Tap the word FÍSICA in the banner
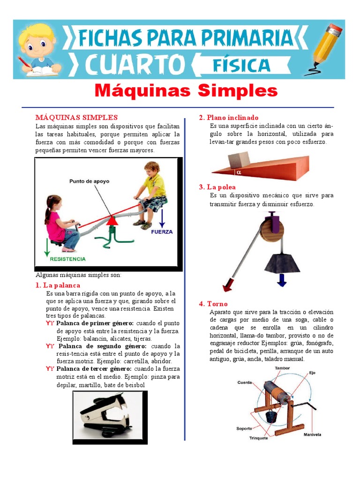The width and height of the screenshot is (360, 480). pos(241,65)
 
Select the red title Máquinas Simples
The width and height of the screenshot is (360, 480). pos(186,90)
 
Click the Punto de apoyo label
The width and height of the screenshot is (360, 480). pos(89,180)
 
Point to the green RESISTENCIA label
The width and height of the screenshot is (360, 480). pos(68,259)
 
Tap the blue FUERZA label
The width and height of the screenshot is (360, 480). pos(163,232)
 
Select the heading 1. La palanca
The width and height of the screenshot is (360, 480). pos(58,285)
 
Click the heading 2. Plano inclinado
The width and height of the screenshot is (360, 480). pos(229,117)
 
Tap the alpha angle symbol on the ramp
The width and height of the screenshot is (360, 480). pos(238,172)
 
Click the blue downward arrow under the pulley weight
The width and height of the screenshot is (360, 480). pos(282,280)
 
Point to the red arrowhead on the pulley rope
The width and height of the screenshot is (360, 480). pos(229,285)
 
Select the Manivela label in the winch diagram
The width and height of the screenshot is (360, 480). pos(312,435)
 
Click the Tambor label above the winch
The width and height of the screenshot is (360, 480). pos(282,368)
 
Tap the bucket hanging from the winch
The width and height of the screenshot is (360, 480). pos(270,415)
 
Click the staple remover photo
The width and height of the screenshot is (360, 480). pos(110,417)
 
